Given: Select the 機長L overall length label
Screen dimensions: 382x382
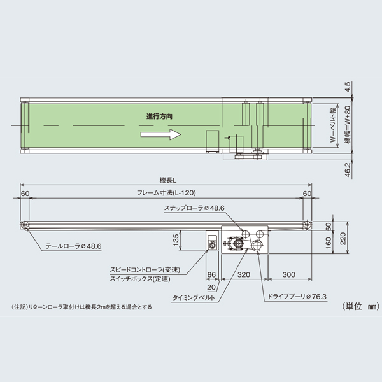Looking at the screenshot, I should point(167,181).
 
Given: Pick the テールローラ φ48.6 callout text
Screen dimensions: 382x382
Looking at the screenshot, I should point(74,245).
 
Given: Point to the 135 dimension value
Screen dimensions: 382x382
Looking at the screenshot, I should point(193,240).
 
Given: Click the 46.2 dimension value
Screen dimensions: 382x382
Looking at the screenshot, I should point(348,168).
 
